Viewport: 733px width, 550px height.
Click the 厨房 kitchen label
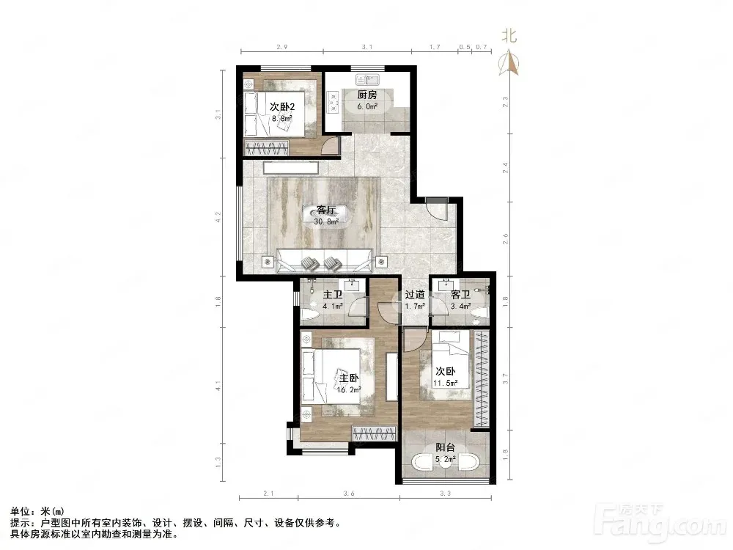367,95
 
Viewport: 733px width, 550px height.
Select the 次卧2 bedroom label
282,107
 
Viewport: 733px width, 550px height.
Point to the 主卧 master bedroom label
349,378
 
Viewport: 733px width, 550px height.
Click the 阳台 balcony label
445,447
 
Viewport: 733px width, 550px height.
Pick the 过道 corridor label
415,295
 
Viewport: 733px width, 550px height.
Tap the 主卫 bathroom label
333,295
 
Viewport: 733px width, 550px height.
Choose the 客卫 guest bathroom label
460,295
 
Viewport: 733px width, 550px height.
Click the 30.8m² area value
326,221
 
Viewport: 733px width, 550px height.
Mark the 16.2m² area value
349,389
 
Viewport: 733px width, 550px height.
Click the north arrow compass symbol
509,64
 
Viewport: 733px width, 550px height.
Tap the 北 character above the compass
509,36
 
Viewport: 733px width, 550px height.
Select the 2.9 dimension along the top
282,47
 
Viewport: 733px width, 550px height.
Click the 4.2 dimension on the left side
218,217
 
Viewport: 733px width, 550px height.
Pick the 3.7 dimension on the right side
505,378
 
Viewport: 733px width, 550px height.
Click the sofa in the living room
325,261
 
